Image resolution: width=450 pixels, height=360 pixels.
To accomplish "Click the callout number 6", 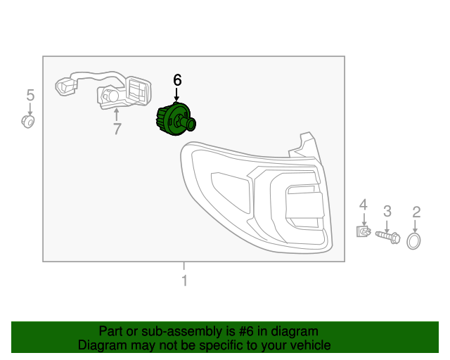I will (x=177, y=80).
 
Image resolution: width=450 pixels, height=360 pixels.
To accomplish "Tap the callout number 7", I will (x=117, y=129).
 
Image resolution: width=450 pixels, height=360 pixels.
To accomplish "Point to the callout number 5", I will (x=30, y=94).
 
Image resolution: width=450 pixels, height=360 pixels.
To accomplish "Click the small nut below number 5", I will (x=29, y=122).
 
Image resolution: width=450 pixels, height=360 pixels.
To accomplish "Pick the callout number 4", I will (x=363, y=205).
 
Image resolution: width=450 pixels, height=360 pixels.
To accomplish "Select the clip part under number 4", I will (x=363, y=231).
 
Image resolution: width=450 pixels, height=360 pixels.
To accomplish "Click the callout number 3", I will (x=387, y=210).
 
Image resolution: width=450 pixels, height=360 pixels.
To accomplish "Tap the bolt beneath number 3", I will (x=387, y=236).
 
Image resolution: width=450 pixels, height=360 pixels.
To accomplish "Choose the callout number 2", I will (x=416, y=212).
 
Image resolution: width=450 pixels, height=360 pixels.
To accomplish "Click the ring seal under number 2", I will (x=415, y=242).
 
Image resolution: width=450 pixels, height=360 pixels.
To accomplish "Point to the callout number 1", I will (x=184, y=281).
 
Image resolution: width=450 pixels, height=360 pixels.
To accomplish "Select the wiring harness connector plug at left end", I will (x=66, y=86).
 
